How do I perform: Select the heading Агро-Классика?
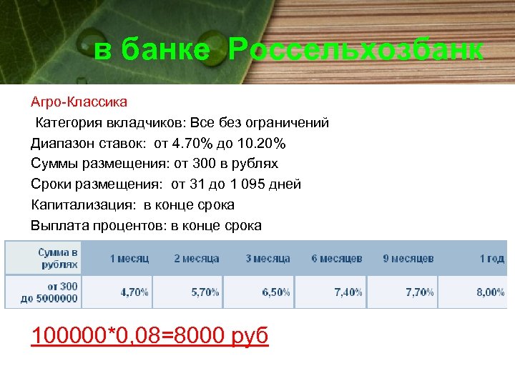pos(79,102)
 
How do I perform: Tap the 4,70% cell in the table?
pos(134,292)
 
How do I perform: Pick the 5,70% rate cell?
pos(205,292)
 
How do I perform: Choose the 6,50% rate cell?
pos(276,292)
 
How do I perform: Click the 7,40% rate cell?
pos(348,292)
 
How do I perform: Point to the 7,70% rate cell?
pos(419,292)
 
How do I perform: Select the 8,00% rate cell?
pos(491,292)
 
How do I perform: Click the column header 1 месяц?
pos(129,258)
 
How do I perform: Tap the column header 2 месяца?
pos(197,258)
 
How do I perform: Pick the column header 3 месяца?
pos(268,258)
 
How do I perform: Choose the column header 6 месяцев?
pos(337,258)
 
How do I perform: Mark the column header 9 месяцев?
pos(408,258)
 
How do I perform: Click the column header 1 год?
pos(491,258)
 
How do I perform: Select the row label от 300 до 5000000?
pos(49,292)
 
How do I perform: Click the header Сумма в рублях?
pos(58,258)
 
